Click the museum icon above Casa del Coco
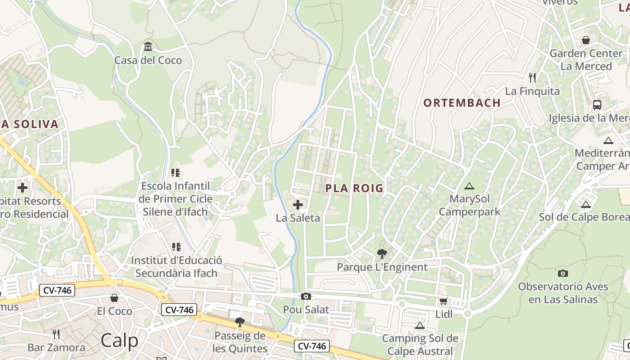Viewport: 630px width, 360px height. pos(148,46)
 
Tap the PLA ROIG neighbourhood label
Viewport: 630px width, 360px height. pos(354,188)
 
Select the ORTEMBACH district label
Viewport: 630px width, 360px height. pos(462,103)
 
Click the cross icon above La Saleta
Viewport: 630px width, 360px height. pos(298,205)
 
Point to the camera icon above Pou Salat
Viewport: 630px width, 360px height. pos(306,296)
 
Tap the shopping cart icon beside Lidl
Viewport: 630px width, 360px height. pos(444,301)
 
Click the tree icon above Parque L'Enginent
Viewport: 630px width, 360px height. pos(382,254)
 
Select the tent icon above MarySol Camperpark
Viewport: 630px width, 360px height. pos(469,185)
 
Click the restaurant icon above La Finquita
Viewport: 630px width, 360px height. pos(532,78)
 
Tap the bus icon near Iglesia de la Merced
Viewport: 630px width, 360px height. pos(597,105)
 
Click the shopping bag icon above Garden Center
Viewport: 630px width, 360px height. pos(586,40)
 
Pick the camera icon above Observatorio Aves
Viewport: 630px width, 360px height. pos(562,273)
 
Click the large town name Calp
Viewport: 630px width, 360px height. pos(120,340)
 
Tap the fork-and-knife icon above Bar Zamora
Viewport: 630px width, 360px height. pos(56,334)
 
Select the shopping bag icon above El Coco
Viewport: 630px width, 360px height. pos(114,298)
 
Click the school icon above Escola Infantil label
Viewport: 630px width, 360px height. pos(175,173)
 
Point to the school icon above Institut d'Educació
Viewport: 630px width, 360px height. pos(176,247)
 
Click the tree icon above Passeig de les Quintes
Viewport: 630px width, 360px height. pos(240,322)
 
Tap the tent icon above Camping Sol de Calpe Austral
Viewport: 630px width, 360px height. pos(420,325)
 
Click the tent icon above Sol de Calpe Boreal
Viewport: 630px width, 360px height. pos(585,204)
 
